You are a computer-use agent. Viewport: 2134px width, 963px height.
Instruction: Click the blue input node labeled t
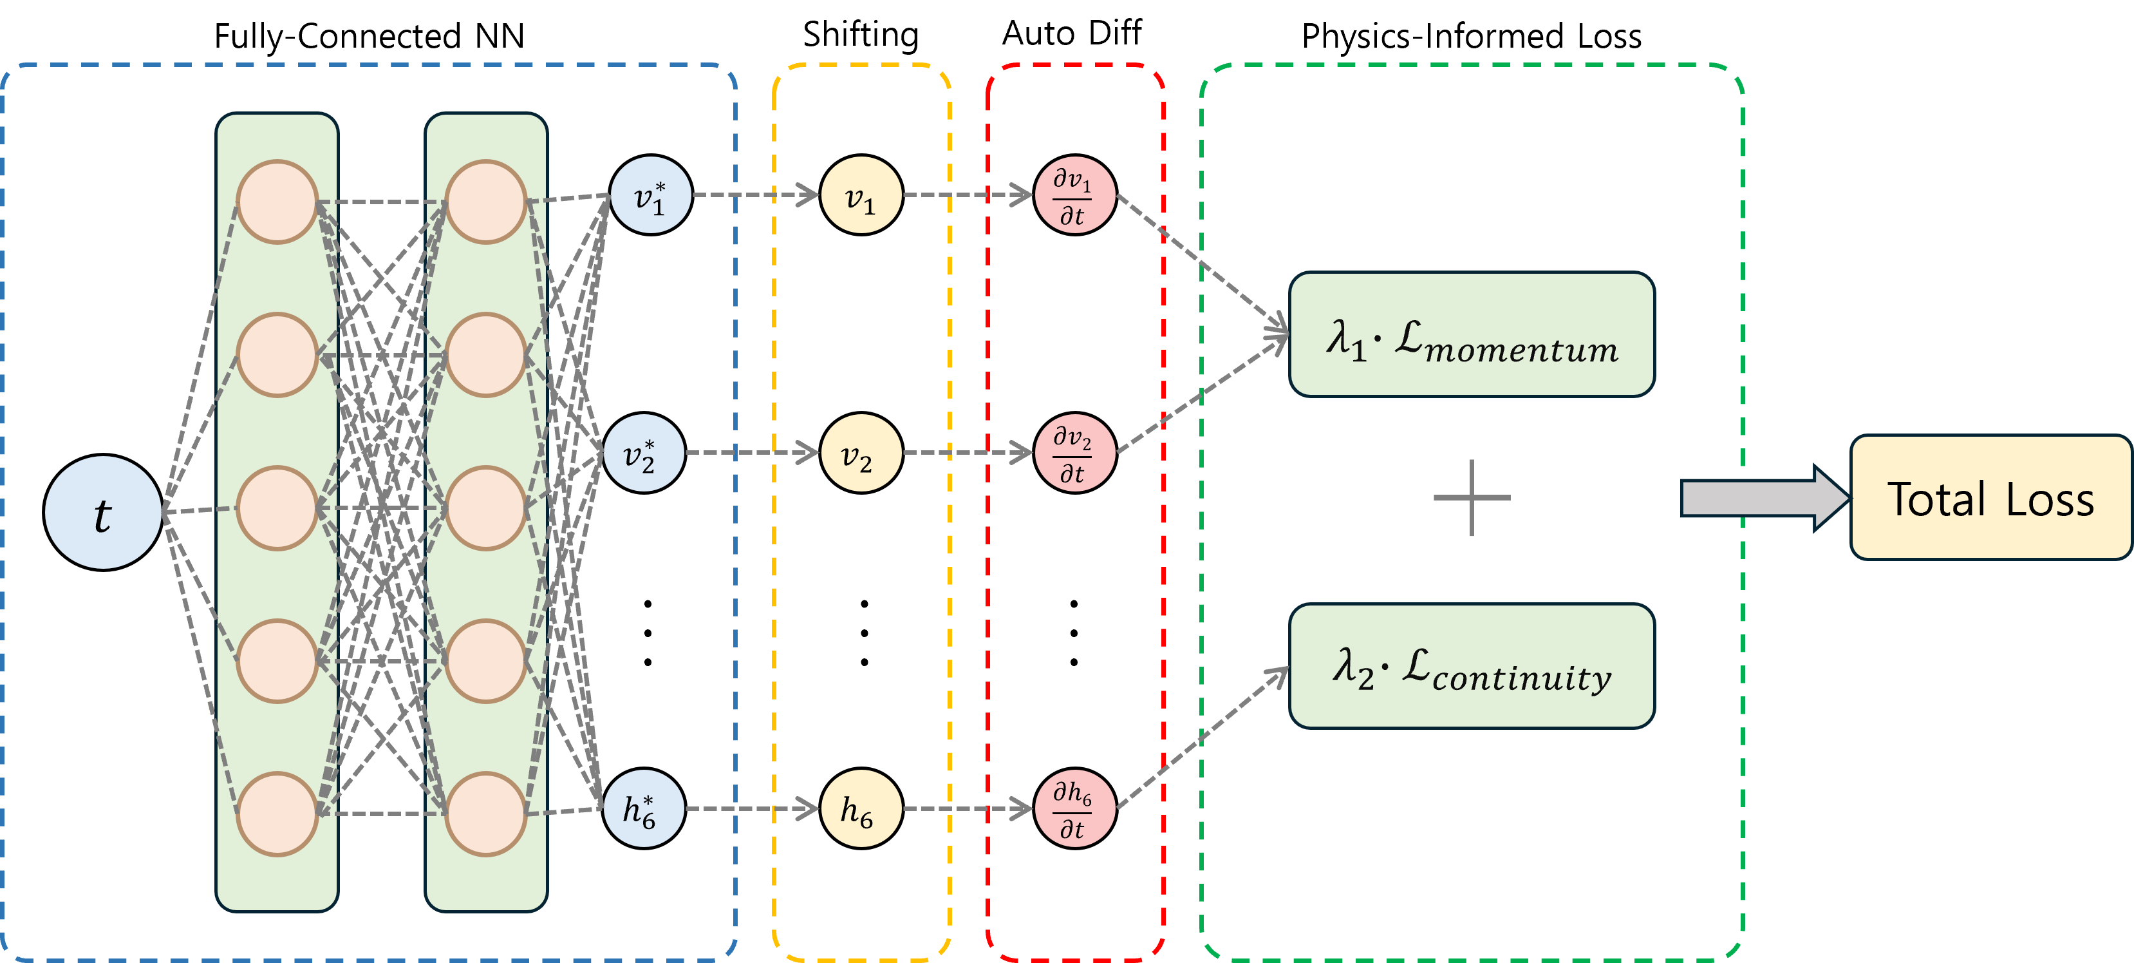pyautogui.click(x=103, y=512)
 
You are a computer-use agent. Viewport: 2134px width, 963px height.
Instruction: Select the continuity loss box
pyautogui.click(x=1471, y=666)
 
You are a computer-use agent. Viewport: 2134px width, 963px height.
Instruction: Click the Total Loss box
pyautogui.click(x=1990, y=498)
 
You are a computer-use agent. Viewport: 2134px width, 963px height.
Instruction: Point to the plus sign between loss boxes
pyautogui.click(x=1471, y=498)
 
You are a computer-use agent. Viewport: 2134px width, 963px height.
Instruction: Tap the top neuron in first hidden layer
pyautogui.click(x=277, y=202)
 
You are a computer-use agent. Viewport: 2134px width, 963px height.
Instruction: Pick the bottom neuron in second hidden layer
pyautogui.click(x=485, y=814)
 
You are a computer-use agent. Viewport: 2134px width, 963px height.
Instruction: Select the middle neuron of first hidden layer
pyautogui.click(x=277, y=508)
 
